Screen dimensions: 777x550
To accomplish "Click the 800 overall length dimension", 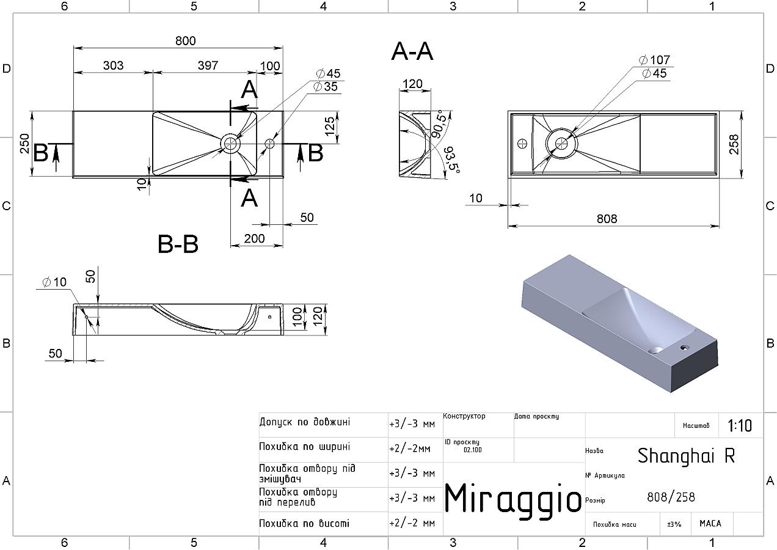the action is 186,41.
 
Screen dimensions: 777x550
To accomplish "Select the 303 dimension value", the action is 113,65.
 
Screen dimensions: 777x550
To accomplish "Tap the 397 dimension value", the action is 208,65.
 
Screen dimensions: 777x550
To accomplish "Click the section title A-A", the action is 412,52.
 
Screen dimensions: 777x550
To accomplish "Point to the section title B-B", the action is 178,244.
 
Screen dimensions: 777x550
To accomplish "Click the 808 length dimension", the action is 607,219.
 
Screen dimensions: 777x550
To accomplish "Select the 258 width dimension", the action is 734,144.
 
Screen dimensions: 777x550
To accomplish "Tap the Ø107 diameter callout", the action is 654,60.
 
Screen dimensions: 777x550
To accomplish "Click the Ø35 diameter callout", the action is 325,87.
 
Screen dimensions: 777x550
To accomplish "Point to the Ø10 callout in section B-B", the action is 54,282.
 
